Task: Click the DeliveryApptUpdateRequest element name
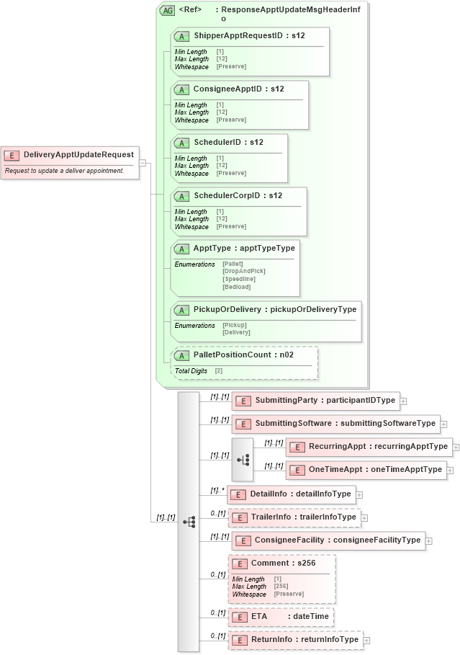[78, 154]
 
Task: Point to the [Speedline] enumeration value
[239, 279]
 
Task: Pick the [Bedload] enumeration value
[237, 287]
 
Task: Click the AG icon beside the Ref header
[167, 11]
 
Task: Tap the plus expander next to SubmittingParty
[404, 401]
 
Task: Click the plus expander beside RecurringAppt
[456, 447]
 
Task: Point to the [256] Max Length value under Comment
[282, 587]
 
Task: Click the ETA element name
[259, 617]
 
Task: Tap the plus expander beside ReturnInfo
[366, 640]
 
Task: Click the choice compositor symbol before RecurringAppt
[243, 458]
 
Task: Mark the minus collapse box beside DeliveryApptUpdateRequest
[143, 163]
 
